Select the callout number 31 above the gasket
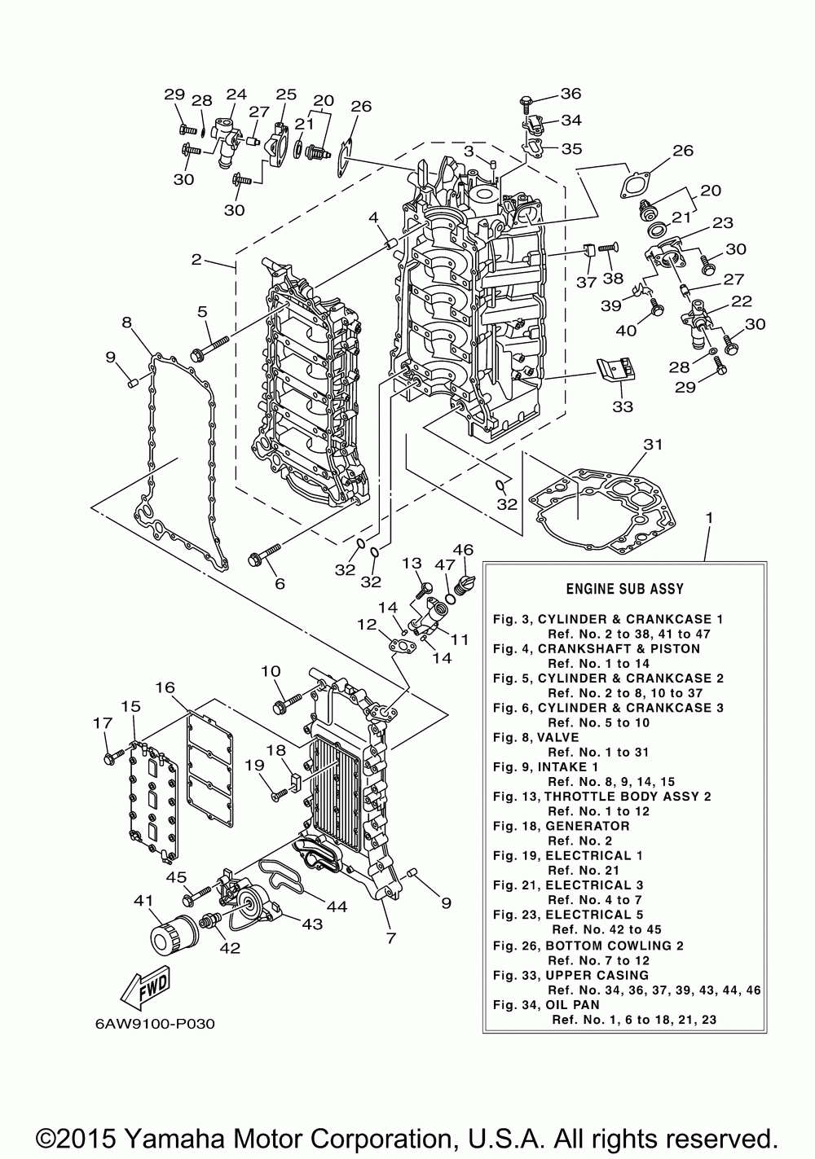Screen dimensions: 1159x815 pos(653,445)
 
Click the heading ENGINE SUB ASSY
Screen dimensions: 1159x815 pos(625,588)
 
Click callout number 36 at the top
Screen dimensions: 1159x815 pos(570,94)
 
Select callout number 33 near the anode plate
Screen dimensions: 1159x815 pos(622,406)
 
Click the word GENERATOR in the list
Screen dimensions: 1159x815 pos(587,826)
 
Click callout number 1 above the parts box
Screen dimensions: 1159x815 pos(709,518)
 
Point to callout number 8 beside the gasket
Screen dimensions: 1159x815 pos(127,323)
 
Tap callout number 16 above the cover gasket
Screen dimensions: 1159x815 pos(165,687)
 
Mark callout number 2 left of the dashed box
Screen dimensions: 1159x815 pos(196,260)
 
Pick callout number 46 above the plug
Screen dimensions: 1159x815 pos(463,550)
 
